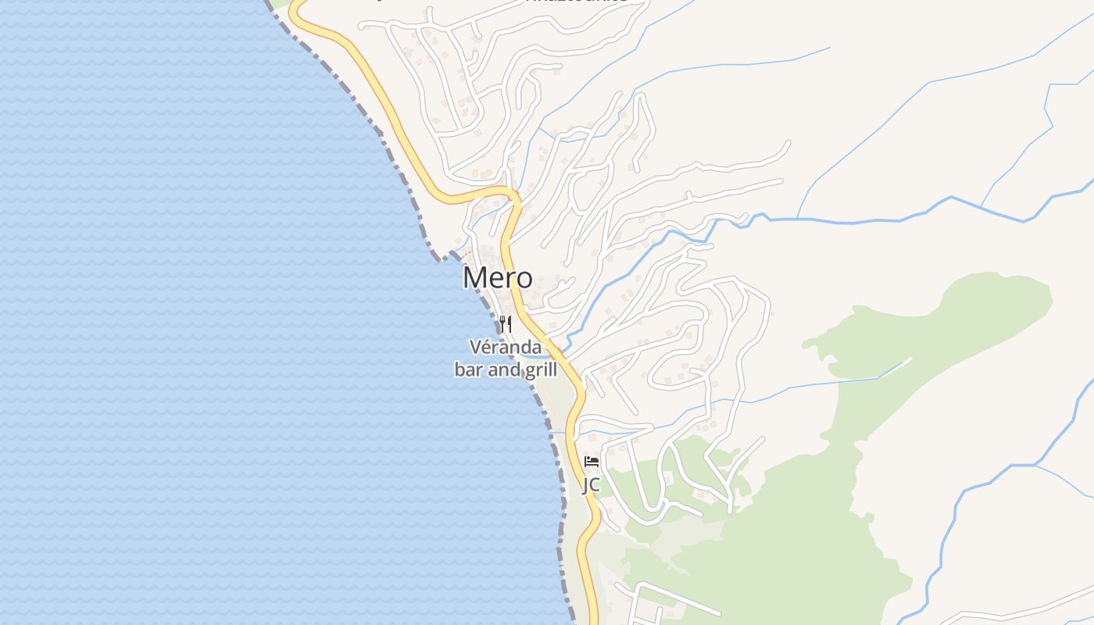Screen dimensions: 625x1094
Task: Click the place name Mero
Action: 498,278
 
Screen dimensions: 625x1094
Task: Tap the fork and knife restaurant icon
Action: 506,324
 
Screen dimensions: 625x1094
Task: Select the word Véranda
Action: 505,346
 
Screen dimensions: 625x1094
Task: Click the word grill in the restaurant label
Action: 540,370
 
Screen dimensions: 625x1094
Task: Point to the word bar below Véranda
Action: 468,370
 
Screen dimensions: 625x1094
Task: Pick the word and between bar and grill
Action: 503,370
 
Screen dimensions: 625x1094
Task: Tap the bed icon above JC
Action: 592,462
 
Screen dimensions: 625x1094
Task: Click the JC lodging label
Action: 591,485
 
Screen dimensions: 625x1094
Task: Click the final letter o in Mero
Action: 524,279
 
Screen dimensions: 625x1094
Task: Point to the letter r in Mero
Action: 509,279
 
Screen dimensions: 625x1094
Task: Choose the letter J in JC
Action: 585,485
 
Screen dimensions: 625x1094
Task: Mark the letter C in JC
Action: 595,485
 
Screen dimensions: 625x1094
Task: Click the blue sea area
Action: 195,312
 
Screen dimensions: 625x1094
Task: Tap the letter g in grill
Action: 528,371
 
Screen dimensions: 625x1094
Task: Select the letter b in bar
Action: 459,370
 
